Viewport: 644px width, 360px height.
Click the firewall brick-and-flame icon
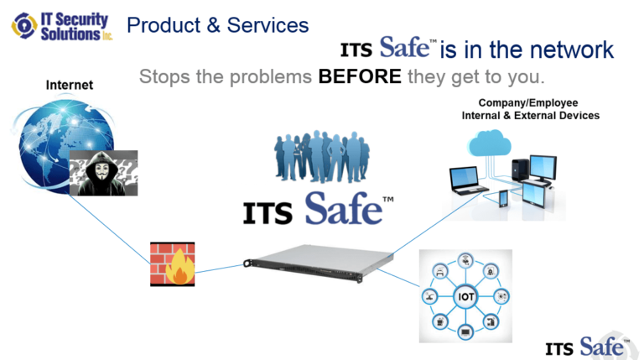(173, 264)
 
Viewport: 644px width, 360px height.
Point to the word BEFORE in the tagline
(361, 77)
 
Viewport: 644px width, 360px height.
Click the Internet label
(69, 85)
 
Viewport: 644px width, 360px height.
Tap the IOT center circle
(465, 296)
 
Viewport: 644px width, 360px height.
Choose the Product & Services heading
(217, 25)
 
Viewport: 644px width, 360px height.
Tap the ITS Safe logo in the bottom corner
(585, 345)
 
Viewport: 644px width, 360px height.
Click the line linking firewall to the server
(219, 269)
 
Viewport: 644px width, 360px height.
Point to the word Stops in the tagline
(165, 77)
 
